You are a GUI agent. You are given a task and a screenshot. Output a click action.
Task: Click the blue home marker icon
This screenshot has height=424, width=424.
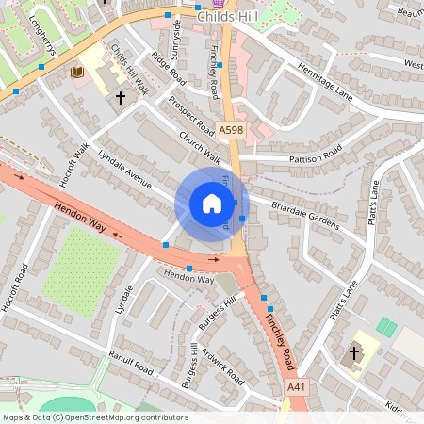click(212, 204)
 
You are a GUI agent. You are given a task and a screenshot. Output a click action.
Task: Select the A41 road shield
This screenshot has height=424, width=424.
click(296, 387)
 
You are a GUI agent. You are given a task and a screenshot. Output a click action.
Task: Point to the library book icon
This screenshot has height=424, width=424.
click(77, 72)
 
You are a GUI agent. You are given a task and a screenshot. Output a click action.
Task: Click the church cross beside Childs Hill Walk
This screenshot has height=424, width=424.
click(120, 96)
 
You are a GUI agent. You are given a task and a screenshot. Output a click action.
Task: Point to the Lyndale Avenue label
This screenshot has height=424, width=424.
click(124, 167)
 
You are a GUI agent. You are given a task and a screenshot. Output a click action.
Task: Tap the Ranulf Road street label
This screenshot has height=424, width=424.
click(129, 361)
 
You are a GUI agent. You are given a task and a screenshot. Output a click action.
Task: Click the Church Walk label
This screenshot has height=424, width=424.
click(199, 146)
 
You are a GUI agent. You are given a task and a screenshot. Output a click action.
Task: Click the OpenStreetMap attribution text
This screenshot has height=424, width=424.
click(94, 417)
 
